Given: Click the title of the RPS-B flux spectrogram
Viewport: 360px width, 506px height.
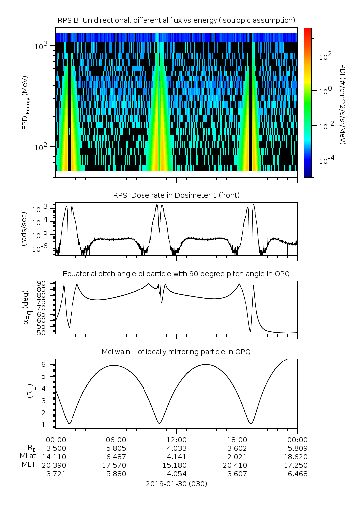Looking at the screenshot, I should click(x=176, y=20).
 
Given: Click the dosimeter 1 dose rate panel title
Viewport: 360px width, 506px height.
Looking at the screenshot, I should click(x=176, y=195).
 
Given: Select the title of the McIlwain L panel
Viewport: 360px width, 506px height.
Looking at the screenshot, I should click(x=176, y=352).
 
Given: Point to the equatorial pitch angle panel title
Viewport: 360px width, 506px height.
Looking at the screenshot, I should click(x=176, y=274).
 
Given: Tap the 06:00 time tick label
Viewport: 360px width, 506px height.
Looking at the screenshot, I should click(x=116, y=440).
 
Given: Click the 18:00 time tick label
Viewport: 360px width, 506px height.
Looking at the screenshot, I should click(x=237, y=440).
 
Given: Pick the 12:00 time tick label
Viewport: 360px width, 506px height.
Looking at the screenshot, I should click(x=176, y=440).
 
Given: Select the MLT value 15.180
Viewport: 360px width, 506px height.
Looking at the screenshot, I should click(x=176, y=465).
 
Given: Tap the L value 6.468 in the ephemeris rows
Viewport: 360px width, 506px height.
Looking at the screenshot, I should click(x=297, y=474).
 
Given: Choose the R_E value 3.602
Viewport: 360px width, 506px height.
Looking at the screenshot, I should click(x=237, y=448).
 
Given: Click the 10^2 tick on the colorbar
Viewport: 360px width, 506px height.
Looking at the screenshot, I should click(x=324, y=57).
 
